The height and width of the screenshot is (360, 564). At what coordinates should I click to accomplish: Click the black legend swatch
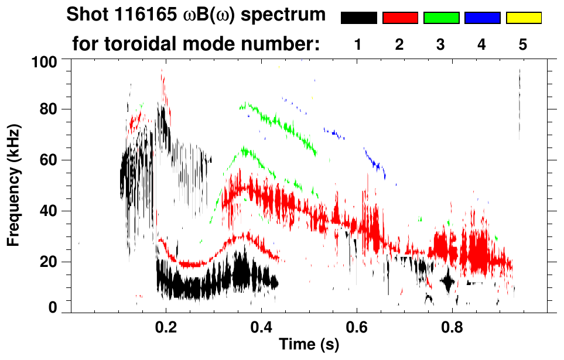[358, 18]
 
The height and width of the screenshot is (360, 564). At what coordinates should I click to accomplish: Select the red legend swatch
[400, 18]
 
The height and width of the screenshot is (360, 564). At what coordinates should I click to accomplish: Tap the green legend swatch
[441, 18]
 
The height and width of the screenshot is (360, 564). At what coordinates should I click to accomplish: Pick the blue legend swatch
[482, 18]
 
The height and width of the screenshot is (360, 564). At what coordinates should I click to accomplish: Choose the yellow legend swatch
[524, 18]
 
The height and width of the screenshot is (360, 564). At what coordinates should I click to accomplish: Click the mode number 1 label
[358, 45]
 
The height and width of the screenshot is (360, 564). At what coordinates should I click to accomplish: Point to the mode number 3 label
[441, 45]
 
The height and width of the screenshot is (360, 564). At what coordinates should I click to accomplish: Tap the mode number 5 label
[523, 45]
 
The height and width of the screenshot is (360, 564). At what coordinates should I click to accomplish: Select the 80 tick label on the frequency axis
[49, 109]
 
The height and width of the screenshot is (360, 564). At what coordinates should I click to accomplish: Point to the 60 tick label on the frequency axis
[49, 160]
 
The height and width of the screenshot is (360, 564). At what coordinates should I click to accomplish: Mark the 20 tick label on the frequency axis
[49, 262]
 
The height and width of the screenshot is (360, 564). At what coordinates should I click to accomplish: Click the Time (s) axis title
[309, 344]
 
